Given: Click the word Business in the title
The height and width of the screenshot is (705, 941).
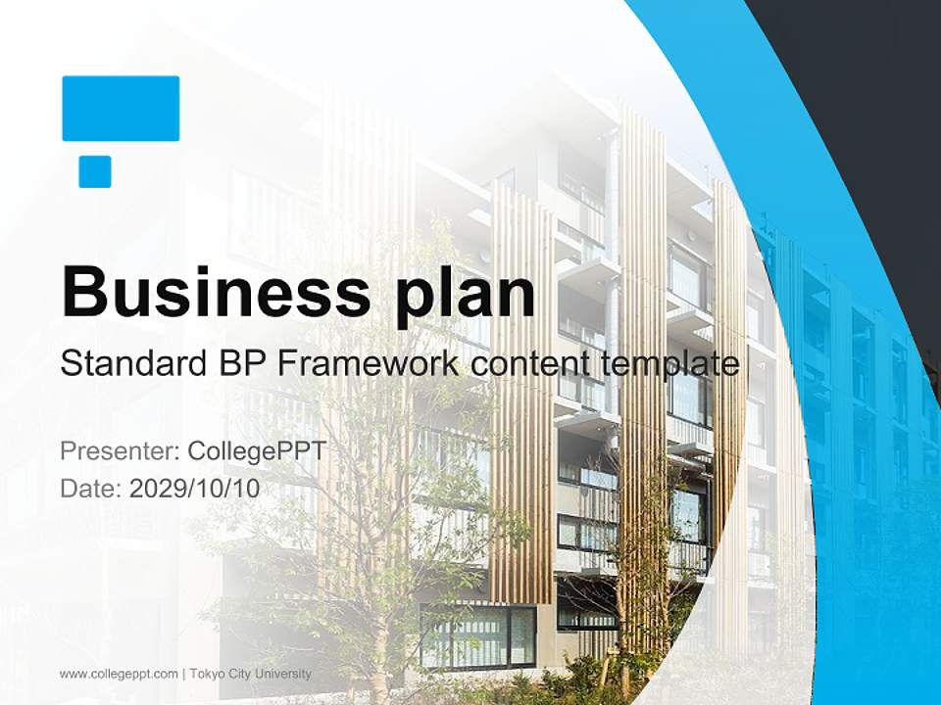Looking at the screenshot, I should [208, 291].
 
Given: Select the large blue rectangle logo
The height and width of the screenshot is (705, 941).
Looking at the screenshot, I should [121, 108].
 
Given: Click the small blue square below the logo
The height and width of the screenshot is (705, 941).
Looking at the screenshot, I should [95, 171].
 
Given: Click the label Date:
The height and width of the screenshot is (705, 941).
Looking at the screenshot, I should [91, 489].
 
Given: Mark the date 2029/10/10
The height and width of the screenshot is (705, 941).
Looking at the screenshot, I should [195, 489].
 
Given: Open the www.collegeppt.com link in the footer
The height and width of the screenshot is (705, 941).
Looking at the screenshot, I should [119, 674].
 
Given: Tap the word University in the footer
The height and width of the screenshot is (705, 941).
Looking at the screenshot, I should [283, 674].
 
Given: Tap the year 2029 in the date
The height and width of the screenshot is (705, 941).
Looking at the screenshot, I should [157, 489].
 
